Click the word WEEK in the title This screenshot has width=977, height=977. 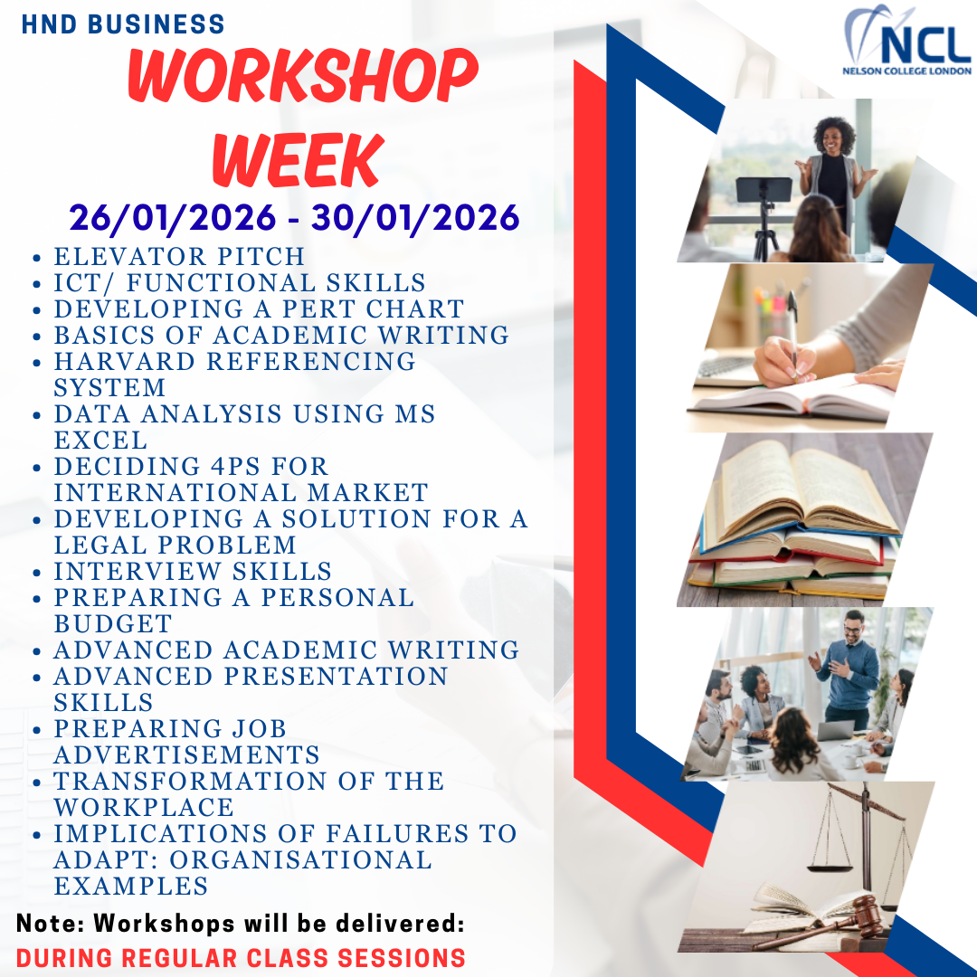tap(297, 160)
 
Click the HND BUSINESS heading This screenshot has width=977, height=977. tap(123, 24)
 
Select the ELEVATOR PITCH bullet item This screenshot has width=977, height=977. tap(179, 257)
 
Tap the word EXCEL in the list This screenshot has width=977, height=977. tap(100, 441)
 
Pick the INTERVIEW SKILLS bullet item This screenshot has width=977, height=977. tap(193, 572)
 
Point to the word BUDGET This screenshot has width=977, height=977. tap(113, 624)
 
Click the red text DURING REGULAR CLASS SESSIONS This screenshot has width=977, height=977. tap(241, 958)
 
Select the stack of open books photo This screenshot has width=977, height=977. tap(801, 520)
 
